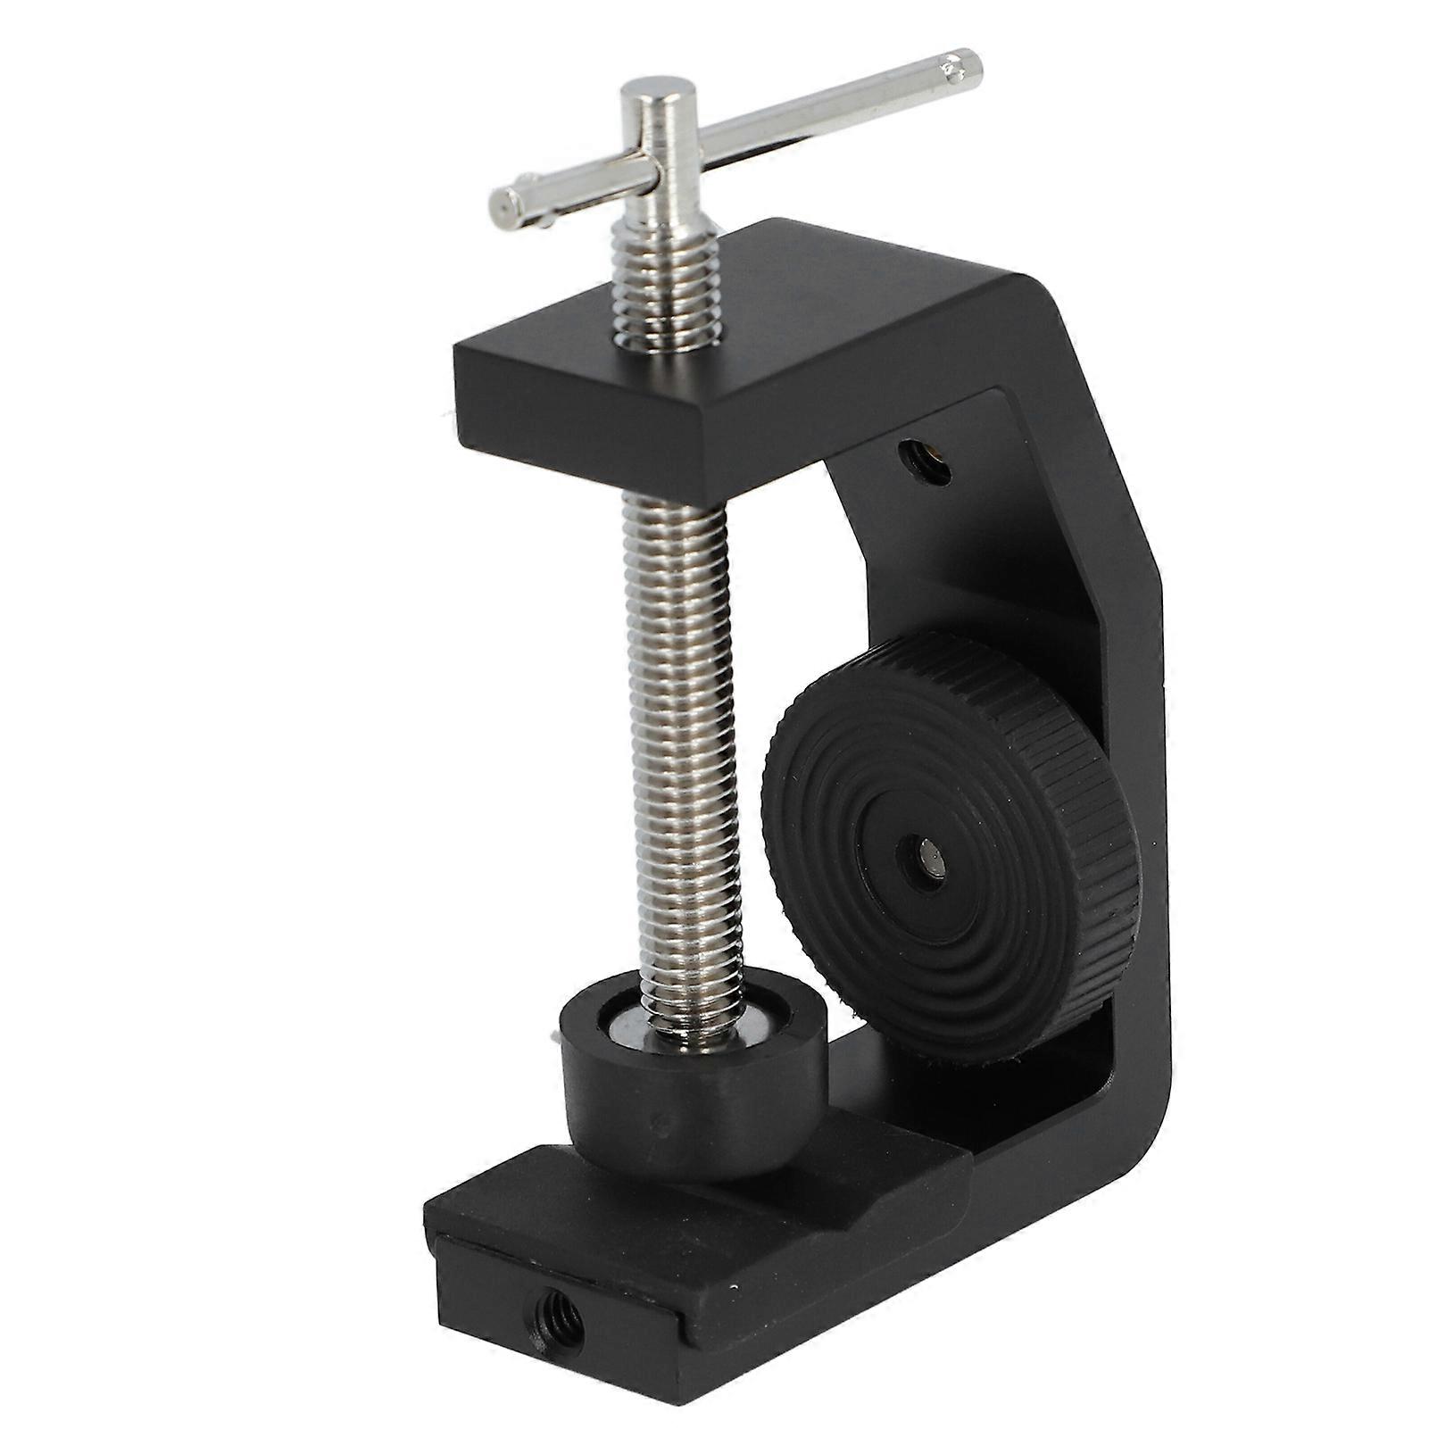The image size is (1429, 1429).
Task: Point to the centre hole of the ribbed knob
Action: point(927,864)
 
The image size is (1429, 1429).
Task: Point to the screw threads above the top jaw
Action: point(665,277)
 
